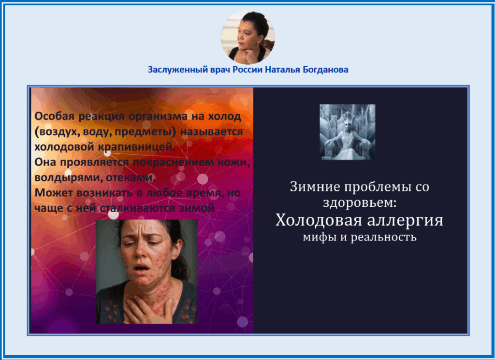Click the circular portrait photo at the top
pos(248,37)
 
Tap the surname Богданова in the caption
pos(325,70)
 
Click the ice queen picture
pos(348,132)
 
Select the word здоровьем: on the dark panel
pos(360,203)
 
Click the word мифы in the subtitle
pos(320,237)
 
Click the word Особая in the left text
pos(55,116)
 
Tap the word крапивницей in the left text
pos(136,147)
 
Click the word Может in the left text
pos(54,192)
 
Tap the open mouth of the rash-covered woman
pos(141,269)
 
